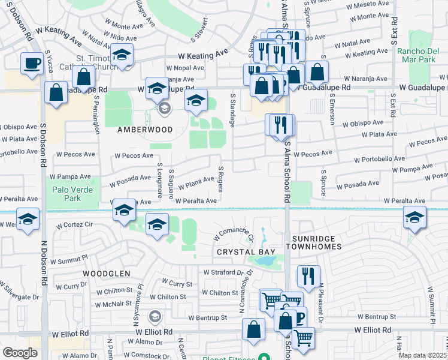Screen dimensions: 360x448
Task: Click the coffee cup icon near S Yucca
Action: pos(32,62)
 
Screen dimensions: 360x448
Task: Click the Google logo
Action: pos(20,353)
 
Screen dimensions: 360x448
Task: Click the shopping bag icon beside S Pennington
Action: pos(84,77)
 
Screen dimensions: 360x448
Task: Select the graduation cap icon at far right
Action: pos(414,218)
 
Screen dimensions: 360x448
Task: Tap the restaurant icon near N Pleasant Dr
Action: pos(308,276)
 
